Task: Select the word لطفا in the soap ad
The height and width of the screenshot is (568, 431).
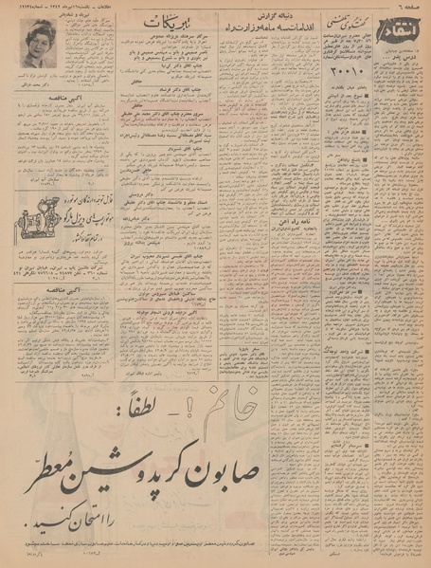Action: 277,389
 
